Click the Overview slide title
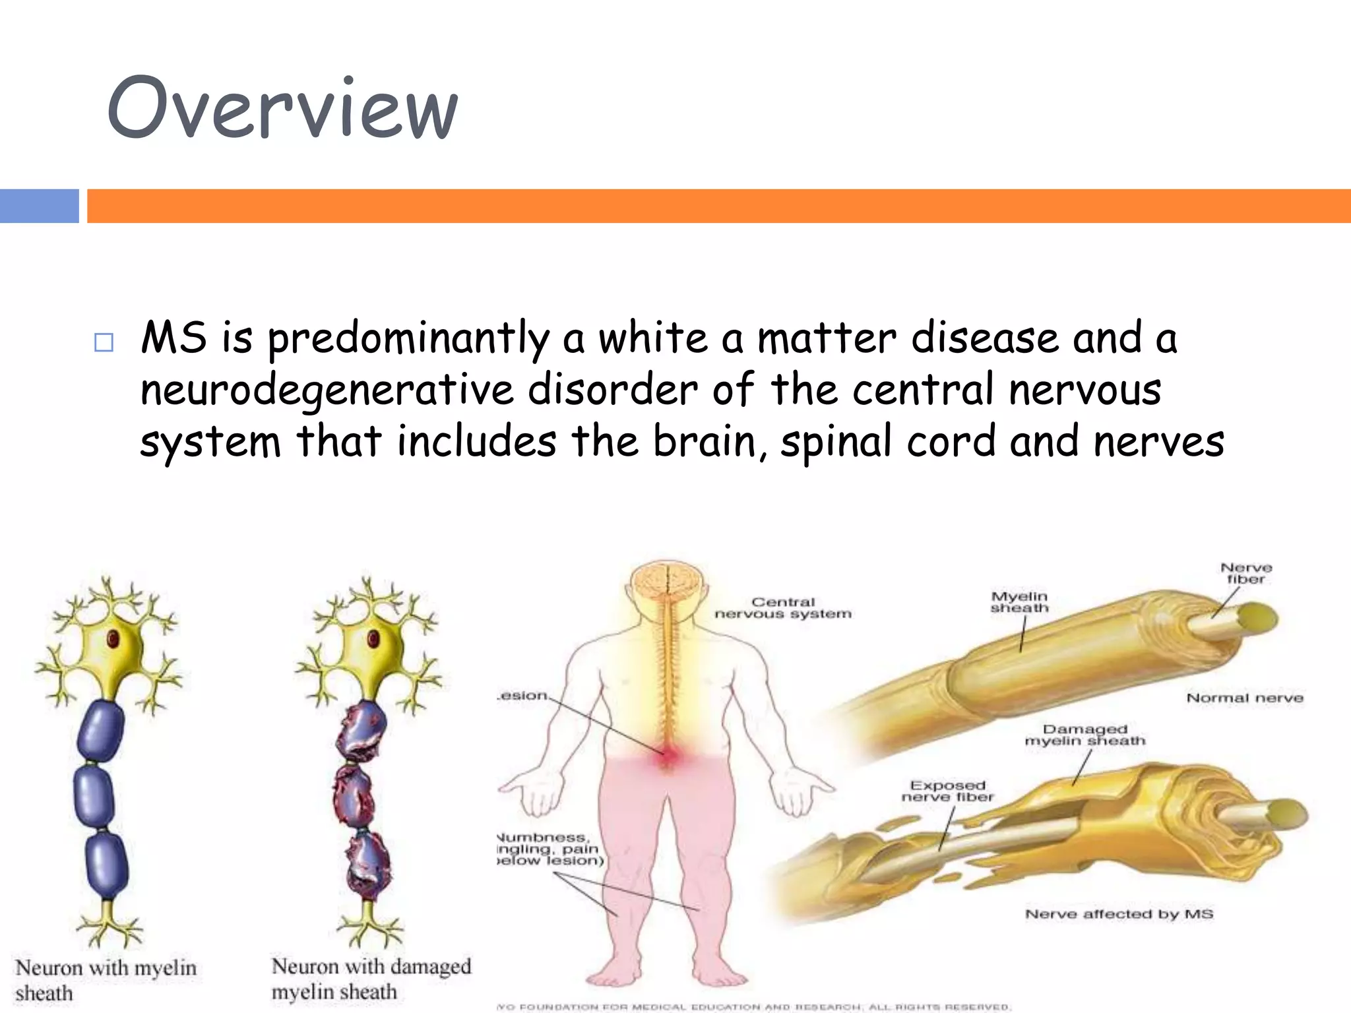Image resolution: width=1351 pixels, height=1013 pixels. pos(282,109)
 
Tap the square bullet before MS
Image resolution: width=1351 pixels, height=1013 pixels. pos(104,342)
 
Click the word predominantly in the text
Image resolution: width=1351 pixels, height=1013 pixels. pos(408,338)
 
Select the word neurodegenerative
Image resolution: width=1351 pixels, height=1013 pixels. pos(327,390)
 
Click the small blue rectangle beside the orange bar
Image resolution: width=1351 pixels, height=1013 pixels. pos(39,206)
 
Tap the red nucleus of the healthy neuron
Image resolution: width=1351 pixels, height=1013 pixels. pos(113,638)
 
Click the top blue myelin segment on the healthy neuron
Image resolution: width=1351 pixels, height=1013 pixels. pos(100,732)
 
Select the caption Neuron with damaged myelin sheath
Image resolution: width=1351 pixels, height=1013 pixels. pos(371,979)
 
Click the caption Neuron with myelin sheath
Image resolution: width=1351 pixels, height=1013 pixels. pos(106,980)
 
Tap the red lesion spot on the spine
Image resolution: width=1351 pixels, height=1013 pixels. pos(667,756)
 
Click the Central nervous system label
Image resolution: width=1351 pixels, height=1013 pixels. pos(783,607)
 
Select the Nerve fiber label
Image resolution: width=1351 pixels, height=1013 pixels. pos(1245,573)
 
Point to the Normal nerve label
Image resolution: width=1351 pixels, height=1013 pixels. pos(1245,698)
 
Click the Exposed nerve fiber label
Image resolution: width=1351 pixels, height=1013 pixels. pos(947,791)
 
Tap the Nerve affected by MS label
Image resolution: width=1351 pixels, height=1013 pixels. pos(1119,913)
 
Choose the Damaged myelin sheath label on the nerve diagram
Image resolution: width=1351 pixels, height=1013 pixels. pos(1084,735)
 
